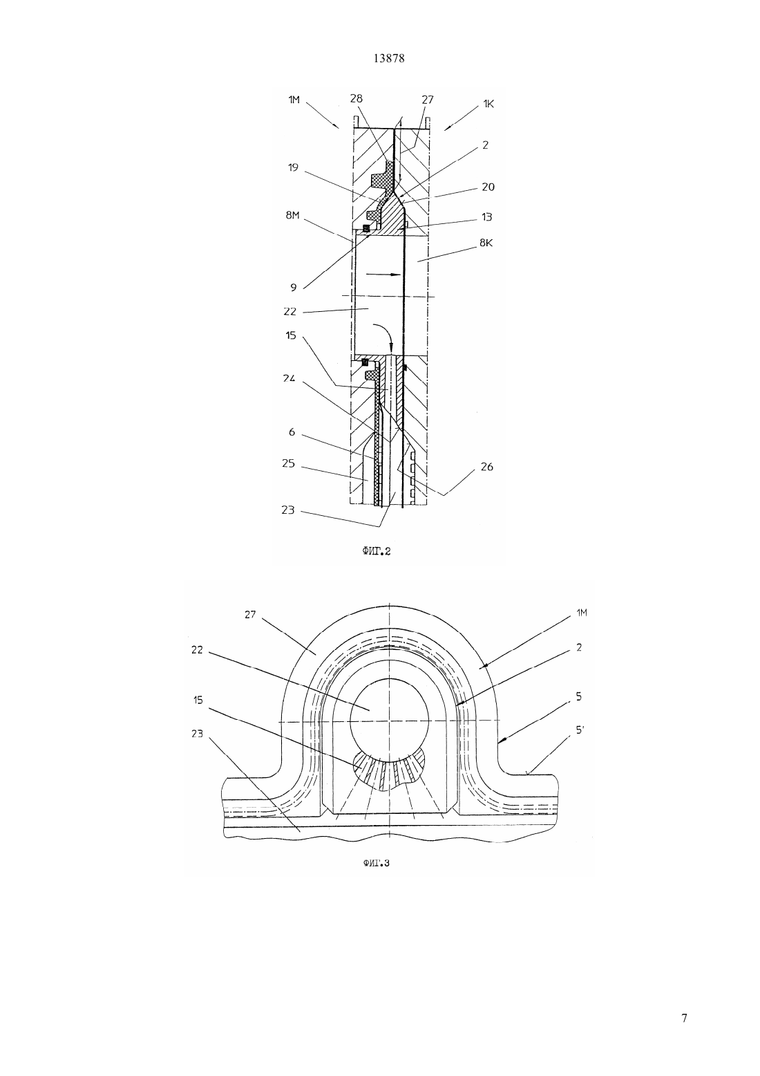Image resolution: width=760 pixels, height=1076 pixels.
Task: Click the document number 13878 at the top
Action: pos(388,58)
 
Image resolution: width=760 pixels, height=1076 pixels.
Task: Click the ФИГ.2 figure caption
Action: pos(376,551)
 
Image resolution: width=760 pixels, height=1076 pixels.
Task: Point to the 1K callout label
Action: pos(488,104)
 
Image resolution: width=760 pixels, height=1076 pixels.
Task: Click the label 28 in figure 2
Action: pos(356,98)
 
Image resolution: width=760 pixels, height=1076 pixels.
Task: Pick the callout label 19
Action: pos(293,167)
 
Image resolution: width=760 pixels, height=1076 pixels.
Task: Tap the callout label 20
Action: pos(488,187)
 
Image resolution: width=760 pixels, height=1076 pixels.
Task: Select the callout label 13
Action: pos(486,217)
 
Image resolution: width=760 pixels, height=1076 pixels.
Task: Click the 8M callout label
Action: pos(292,215)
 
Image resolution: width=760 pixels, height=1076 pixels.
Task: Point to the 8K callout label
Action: pos(486,243)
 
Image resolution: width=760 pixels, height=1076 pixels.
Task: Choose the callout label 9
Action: pos(293,288)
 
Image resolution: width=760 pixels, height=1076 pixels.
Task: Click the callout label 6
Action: pos(292,433)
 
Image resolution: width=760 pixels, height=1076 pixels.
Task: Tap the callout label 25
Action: pos(288,464)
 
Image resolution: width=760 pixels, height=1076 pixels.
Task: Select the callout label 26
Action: pos(486,467)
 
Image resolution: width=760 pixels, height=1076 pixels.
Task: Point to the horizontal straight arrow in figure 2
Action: pos(383,275)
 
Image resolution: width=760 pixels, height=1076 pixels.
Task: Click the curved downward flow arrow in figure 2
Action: pos(383,335)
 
